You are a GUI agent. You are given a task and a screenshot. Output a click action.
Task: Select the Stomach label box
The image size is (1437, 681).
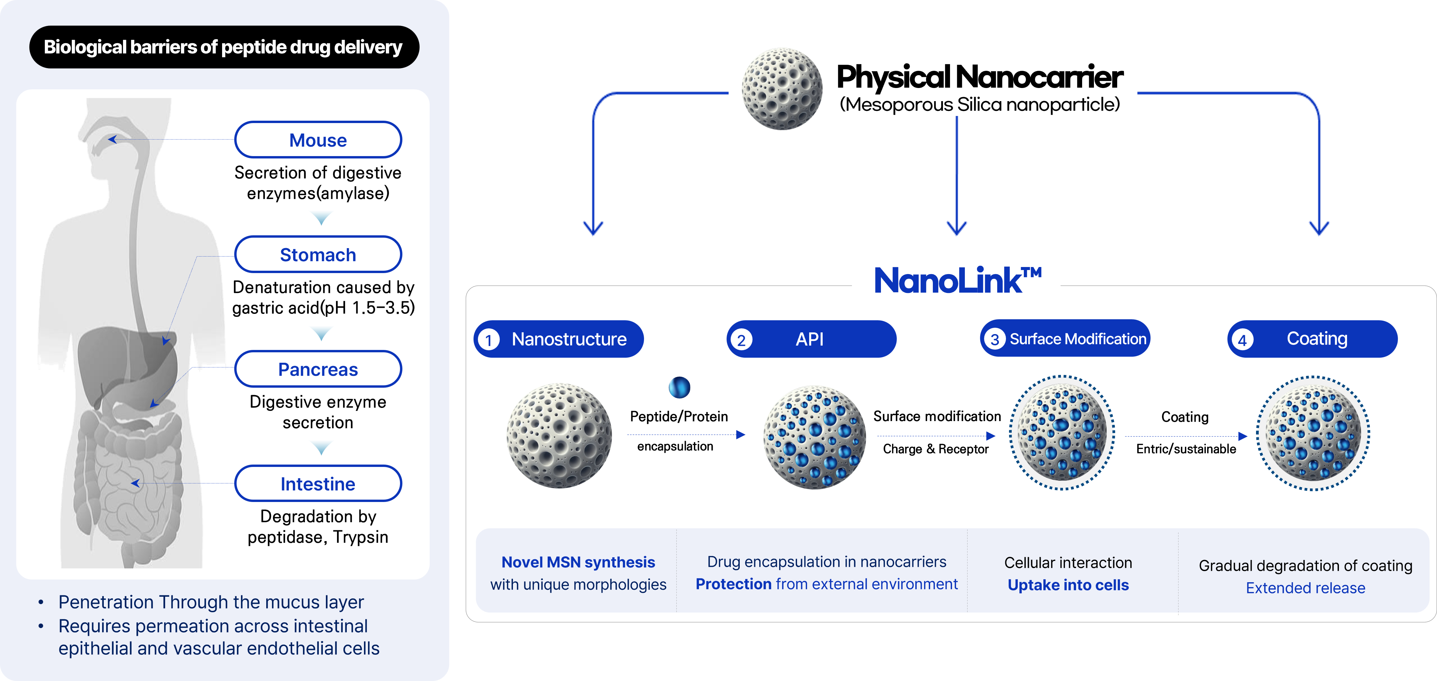318,255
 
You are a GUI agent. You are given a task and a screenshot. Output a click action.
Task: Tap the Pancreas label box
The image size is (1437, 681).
318,369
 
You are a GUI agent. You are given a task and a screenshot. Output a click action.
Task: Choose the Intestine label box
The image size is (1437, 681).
318,483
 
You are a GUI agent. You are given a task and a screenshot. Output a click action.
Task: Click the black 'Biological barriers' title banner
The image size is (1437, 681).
224,47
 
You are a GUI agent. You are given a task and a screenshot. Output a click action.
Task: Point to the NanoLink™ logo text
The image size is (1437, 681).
957,280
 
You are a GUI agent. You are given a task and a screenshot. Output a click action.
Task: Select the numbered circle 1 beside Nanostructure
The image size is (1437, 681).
489,339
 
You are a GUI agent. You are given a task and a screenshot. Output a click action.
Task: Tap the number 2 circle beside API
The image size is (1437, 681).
741,339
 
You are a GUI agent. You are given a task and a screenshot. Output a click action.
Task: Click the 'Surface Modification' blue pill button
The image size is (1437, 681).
1065,339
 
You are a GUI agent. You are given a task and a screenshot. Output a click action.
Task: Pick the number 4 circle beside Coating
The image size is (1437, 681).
1242,339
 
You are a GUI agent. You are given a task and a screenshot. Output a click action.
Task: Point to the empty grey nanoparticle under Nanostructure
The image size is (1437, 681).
559,435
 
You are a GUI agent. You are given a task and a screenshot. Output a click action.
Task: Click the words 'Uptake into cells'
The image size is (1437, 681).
1068,585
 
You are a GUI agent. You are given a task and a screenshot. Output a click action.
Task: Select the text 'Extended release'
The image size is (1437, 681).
1305,588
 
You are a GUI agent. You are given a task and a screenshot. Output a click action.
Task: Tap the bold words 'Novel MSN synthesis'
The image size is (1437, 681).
578,562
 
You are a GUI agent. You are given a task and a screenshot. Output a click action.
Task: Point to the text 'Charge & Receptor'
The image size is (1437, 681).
936,449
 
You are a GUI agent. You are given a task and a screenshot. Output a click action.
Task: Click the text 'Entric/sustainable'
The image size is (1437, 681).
1186,449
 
